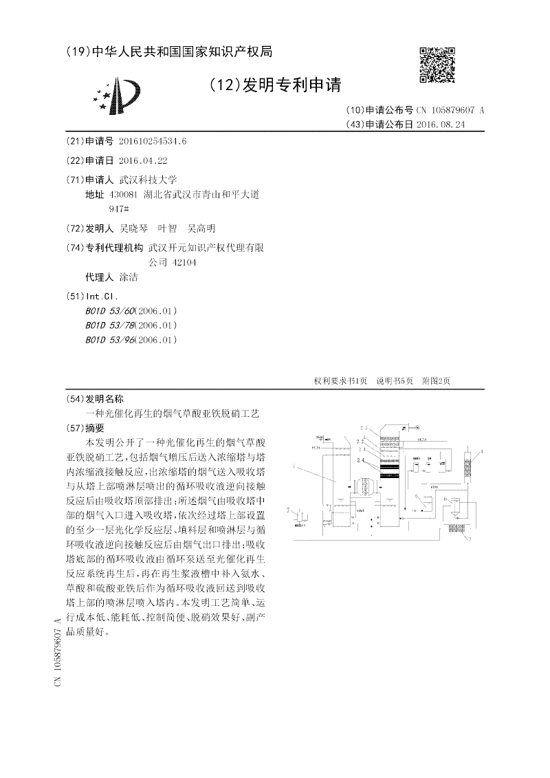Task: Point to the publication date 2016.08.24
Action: (x=441, y=125)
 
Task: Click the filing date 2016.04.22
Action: (x=143, y=160)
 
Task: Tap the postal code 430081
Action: (x=124, y=195)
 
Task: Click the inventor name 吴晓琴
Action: (x=135, y=228)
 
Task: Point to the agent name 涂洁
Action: (x=129, y=277)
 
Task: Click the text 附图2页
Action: (x=436, y=381)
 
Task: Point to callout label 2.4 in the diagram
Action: (x=362, y=460)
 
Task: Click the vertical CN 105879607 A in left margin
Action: (x=58, y=652)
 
